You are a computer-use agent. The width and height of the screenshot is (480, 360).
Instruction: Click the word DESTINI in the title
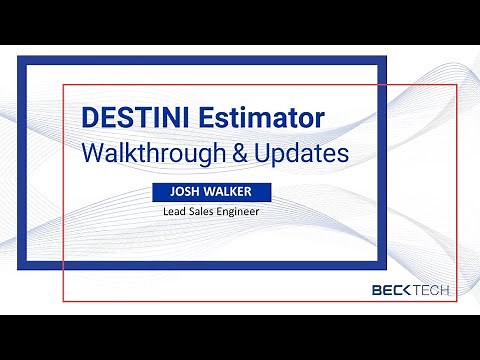(x=134, y=118)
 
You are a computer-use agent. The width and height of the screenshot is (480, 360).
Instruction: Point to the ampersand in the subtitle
(x=245, y=154)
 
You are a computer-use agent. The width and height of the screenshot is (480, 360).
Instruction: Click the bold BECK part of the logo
(x=390, y=291)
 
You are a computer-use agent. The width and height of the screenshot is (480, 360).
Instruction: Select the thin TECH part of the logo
(x=432, y=291)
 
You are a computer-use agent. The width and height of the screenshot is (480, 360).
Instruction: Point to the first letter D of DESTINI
(x=91, y=118)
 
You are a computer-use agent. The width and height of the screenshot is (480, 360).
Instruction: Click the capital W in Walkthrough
(x=94, y=154)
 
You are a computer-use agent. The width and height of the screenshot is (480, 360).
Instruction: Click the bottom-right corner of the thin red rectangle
(x=456, y=301)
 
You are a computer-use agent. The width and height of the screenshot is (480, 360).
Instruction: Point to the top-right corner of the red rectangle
(x=456, y=84)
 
